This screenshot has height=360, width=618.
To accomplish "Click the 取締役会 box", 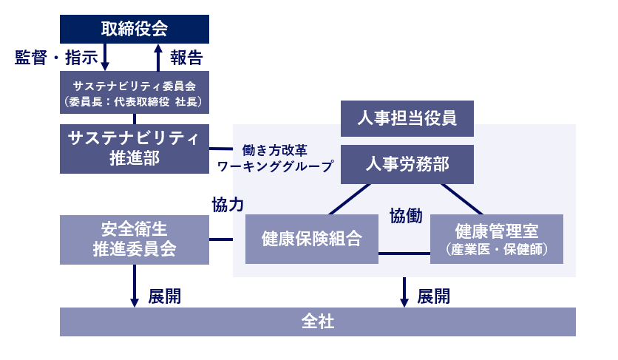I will pos(134,29).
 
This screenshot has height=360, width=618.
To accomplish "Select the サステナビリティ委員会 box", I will pos(134,92).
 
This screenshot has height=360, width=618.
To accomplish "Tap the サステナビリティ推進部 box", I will pos(134,149).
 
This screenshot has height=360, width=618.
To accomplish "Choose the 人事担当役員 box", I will pos(407,118).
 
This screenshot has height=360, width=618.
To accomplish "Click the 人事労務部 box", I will pos(407,164).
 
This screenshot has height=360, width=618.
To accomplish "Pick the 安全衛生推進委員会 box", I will pos(134,240).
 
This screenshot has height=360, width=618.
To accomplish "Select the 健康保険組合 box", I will pos(311,240).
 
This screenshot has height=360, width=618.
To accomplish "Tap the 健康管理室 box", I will pos(496,240).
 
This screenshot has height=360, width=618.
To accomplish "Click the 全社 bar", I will pos(317,322).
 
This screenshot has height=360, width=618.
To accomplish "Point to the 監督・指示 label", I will pos(55,58).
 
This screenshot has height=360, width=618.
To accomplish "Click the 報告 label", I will pos(186,58).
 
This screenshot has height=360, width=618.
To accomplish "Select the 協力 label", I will pos(228,205).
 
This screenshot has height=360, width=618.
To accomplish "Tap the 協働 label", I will pos(406,216).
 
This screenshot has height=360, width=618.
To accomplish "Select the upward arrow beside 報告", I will pos(158,57).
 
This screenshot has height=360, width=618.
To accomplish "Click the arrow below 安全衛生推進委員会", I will pos(135,285).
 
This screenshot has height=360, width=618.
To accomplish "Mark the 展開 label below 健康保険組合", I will pos(433,296).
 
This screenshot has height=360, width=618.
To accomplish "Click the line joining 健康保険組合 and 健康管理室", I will pos(404,254).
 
